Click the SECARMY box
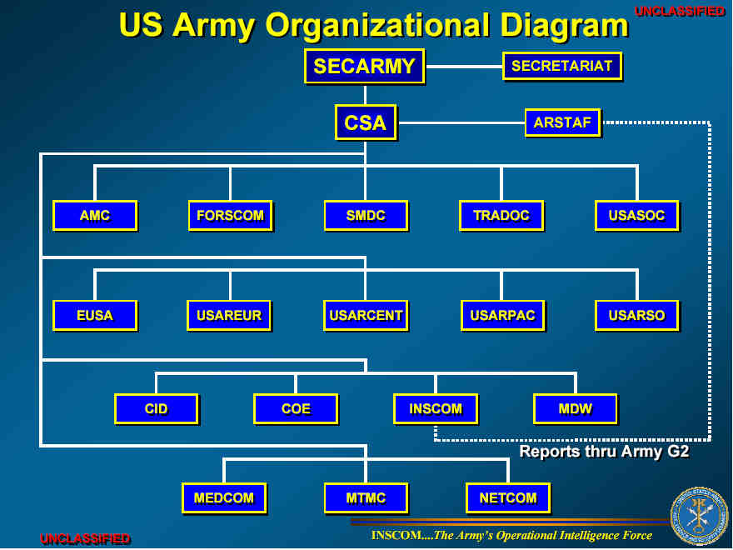pyautogui.click(x=364, y=67)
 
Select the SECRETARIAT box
pyautogui.click(x=561, y=66)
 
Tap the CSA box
pyautogui.click(x=365, y=122)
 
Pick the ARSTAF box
pyautogui.click(x=562, y=122)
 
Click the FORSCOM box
pyautogui.click(x=230, y=216)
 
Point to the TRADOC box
pyautogui.click(x=501, y=216)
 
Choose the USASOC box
pyautogui.click(x=636, y=216)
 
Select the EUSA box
pyautogui.click(x=94, y=316)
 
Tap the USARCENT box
pyautogui.click(x=366, y=316)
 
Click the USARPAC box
pyautogui.click(x=501, y=316)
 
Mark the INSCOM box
pyautogui.click(x=435, y=409)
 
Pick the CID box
pyautogui.click(x=156, y=409)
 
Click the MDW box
pyautogui.click(x=575, y=409)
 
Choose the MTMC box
pyautogui.click(x=366, y=498)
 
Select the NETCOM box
pyautogui.click(x=507, y=498)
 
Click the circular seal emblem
pyautogui.click(x=699, y=516)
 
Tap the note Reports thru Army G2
pyautogui.click(x=604, y=452)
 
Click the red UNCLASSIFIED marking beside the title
pyautogui.click(x=680, y=12)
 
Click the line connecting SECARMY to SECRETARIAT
pyautogui.click(x=464, y=67)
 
